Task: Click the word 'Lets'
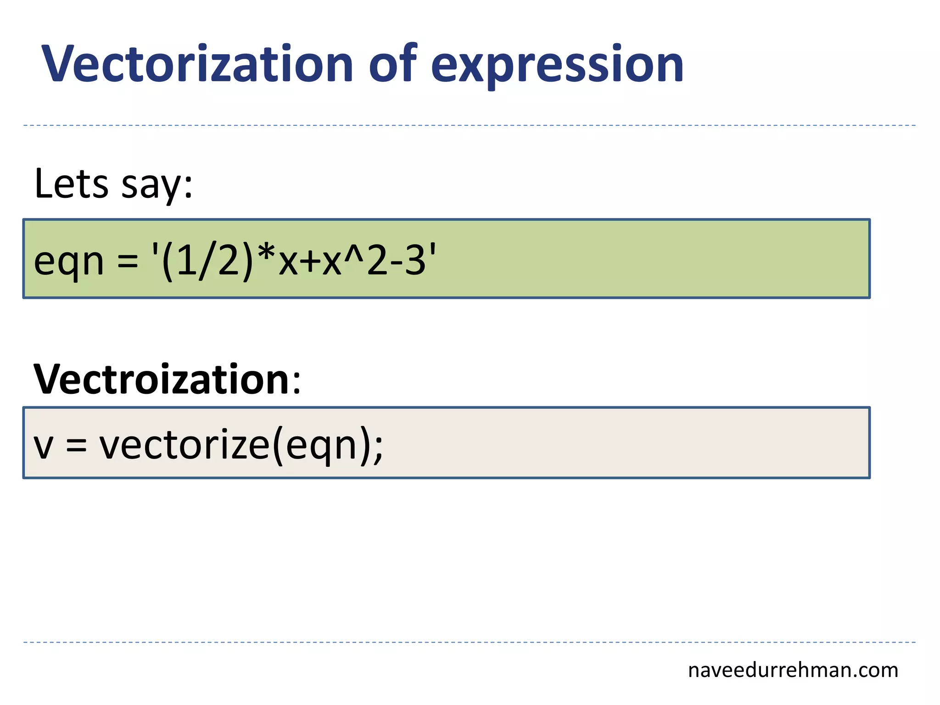click(71, 184)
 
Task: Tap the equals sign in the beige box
click(76, 445)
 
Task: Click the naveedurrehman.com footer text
click(793, 671)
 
